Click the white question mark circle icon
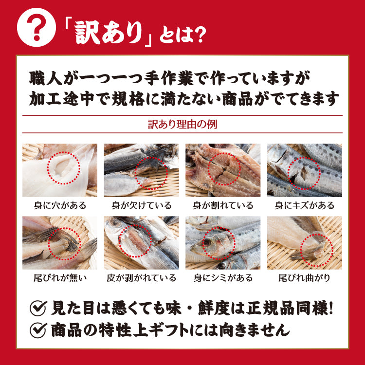click(x=36, y=27)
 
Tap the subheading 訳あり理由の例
click(x=182, y=124)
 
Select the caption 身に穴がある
click(x=60, y=205)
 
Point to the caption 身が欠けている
click(x=142, y=205)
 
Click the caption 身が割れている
click(x=223, y=205)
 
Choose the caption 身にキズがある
click(x=305, y=205)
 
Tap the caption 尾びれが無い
click(x=60, y=278)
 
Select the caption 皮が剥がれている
click(x=142, y=278)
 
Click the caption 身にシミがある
click(x=223, y=278)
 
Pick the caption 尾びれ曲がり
click(x=305, y=278)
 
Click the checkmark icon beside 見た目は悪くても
click(x=38, y=308)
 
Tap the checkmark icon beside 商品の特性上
click(x=38, y=330)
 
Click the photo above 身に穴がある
click(x=60, y=170)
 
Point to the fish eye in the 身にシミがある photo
click(x=207, y=242)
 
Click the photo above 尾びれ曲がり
click(x=305, y=243)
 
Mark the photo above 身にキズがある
click(x=305, y=170)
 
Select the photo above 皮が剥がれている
click(x=142, y=243)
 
